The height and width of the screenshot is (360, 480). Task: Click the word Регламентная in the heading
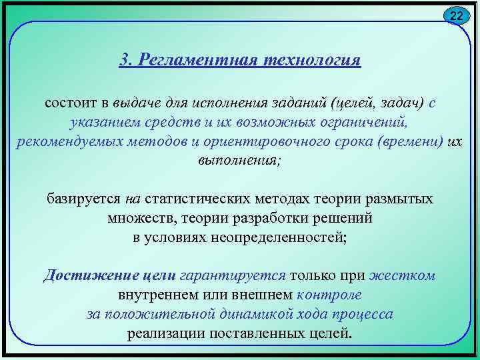190,60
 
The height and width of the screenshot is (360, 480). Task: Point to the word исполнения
229,104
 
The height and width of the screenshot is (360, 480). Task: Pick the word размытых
401,199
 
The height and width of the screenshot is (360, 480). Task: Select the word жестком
402,275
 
